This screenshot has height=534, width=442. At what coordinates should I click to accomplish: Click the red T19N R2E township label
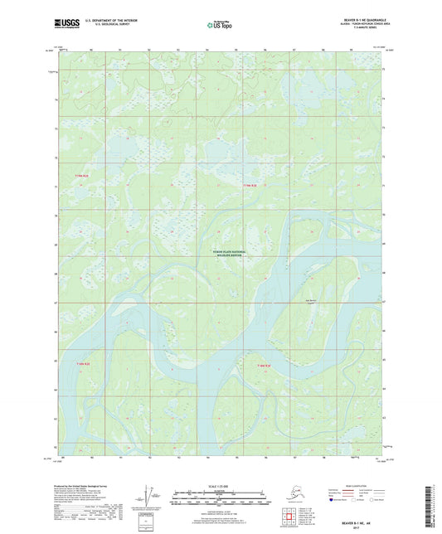(80, 176)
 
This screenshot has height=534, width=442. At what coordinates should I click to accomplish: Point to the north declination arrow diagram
(148, 502)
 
